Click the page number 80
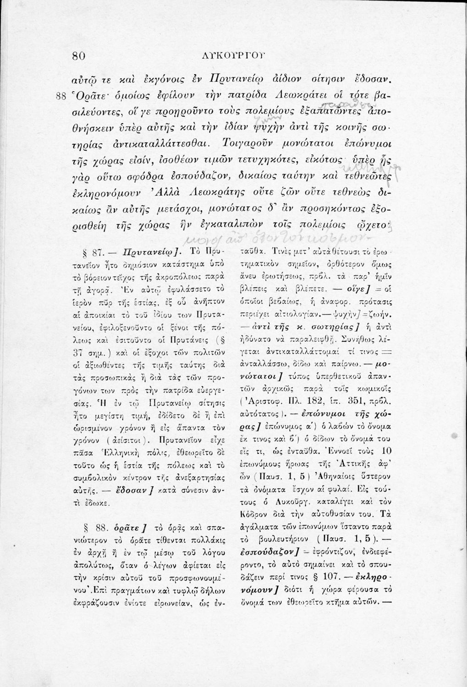point(79,56)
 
